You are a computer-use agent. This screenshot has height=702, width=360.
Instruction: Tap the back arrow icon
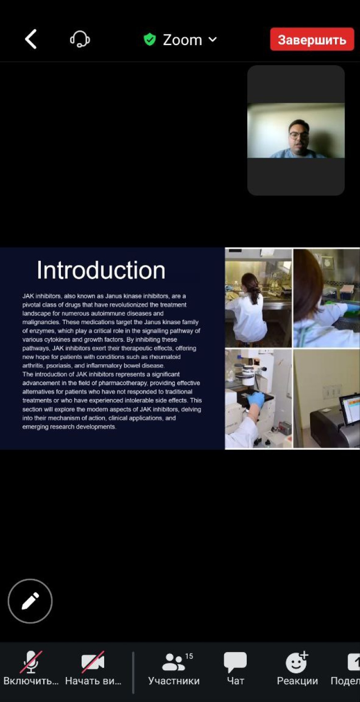coord(31,39)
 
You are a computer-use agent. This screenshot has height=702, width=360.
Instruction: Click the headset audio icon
coord(80,39)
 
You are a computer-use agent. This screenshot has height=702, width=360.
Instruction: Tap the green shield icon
coord(149,39)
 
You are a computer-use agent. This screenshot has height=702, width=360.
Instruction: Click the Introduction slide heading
coord(101,270)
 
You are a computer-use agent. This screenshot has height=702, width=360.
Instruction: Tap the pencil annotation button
coord(30,601)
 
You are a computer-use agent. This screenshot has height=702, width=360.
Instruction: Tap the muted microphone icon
coord(31,662)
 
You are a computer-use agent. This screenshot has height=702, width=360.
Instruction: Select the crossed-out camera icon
coord(93,662)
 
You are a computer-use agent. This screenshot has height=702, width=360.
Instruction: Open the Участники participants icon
coord(173,662)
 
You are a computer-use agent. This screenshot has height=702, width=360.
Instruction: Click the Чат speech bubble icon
coord(235,662)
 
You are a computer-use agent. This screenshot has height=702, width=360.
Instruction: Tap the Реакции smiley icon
coord(296,662)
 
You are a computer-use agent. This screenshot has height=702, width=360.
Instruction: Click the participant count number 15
coord(189,656)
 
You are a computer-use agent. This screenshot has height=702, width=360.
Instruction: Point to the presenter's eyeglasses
coord(297,135)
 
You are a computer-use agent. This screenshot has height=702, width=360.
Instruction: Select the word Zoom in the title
coord(182,40)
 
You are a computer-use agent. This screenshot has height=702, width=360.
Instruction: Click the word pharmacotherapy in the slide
coord(123,383)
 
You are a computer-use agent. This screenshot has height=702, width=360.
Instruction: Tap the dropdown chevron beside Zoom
coord(213,39)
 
